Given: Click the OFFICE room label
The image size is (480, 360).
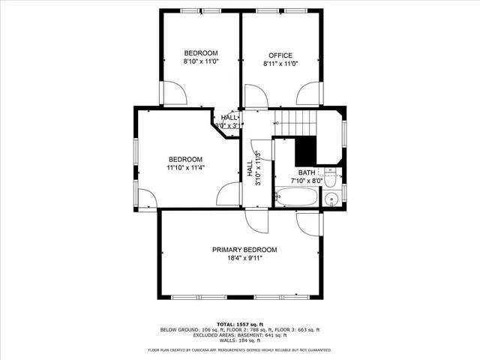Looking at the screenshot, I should coord(280,55).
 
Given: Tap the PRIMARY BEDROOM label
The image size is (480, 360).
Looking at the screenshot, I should coord(244,250).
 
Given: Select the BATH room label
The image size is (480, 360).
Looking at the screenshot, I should coord(307,172).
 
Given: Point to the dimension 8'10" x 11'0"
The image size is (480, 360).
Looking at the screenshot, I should coord(201,63).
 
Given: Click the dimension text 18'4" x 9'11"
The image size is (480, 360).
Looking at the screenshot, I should coord(244,259).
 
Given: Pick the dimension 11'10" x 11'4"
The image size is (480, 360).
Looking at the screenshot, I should coord(185,168).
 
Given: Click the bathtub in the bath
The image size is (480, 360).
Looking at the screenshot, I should coord(297,199).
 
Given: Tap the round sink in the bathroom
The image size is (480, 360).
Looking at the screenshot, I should coord(331,199).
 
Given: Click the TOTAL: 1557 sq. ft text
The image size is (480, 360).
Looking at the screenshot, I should coord(240,322).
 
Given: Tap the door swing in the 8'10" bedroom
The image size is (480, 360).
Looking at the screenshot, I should coord(175,94).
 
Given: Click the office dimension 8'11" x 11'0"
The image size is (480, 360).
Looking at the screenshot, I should coord(280,64).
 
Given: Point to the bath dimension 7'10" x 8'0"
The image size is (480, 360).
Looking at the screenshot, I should coord(307,181).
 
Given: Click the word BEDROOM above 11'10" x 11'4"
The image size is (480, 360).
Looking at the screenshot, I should coord(185,159).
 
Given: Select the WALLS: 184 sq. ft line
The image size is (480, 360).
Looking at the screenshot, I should coord(240,340).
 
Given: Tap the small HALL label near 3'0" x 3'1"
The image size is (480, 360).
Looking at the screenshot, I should coord(229,118).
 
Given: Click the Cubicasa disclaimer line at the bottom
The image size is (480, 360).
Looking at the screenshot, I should coord(240,349).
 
